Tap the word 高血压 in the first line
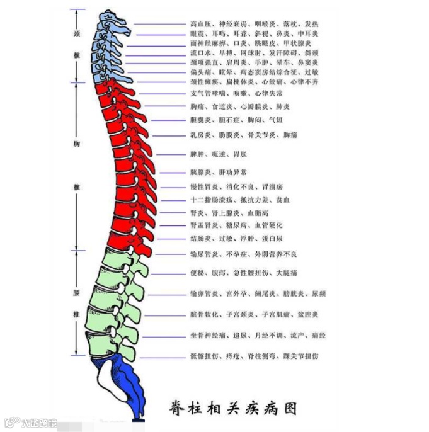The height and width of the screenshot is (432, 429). pos(200,24)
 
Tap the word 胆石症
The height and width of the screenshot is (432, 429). pos(229,120)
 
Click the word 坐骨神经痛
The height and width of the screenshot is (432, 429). pos(207,336)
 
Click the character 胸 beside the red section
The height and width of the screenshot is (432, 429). pos(76,144)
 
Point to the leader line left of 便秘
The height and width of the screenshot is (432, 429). pos(166,273)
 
